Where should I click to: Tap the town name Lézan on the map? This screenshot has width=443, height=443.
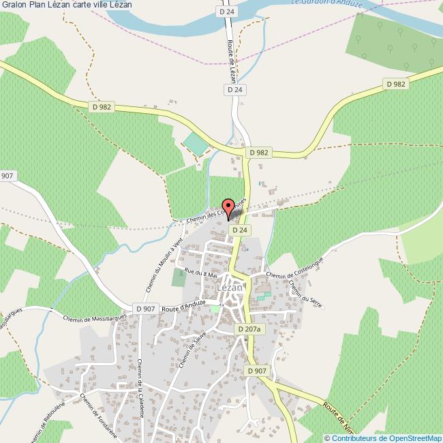pyautogui.click(x=230, y=288)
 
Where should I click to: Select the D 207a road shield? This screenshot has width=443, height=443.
pyautogui.click(x=249, y=329)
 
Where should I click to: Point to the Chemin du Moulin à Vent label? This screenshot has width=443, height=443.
pyautogui.click(x=162, y=269)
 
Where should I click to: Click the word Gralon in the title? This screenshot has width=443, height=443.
pyautogui.click(x=14, y=5)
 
